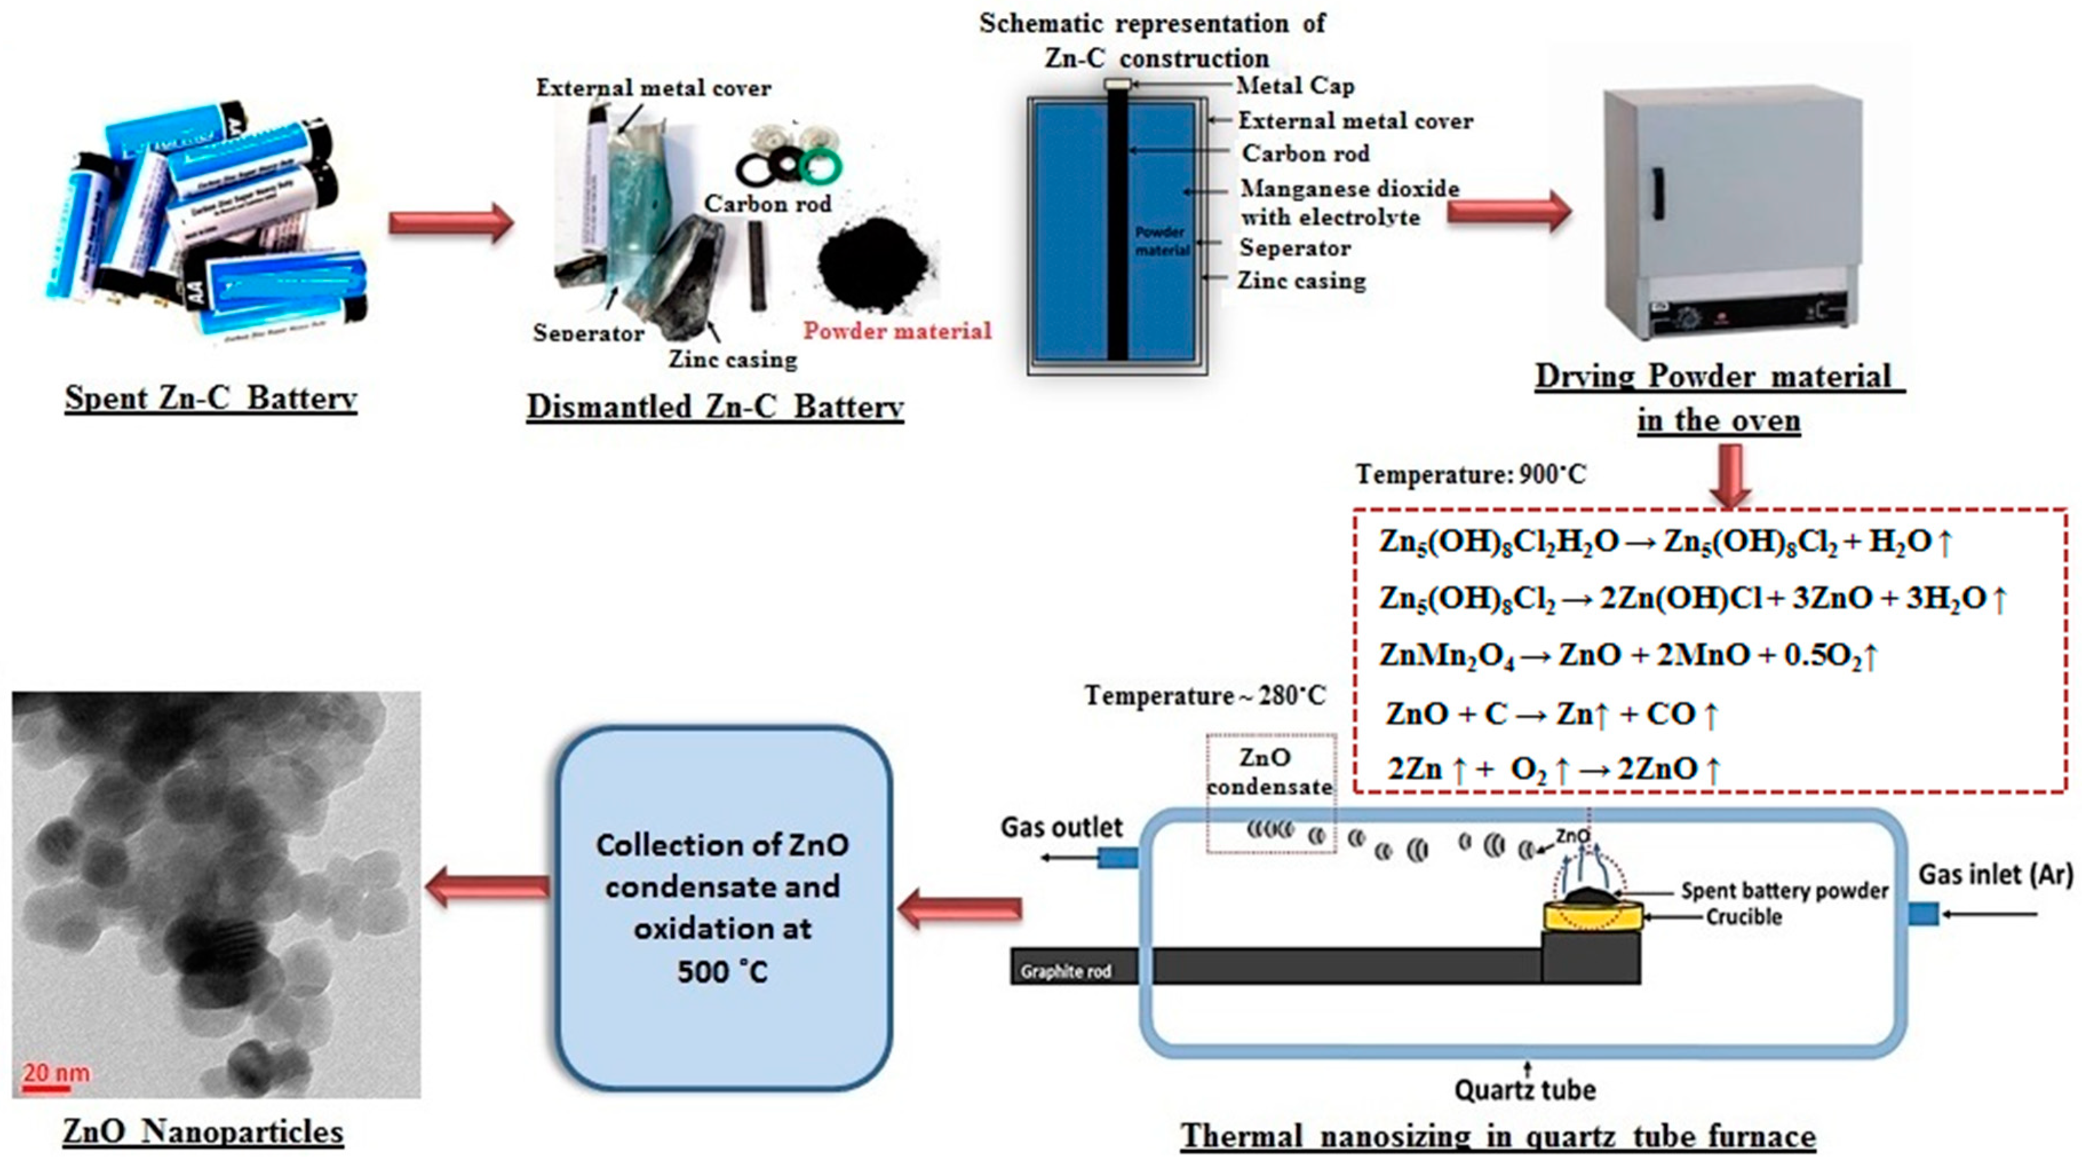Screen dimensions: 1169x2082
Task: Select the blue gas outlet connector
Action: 1117,858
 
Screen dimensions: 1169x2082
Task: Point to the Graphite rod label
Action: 1065,971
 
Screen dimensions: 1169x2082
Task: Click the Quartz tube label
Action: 1525,1090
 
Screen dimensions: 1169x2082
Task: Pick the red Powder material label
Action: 897,331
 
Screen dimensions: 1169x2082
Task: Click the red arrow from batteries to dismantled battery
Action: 450,223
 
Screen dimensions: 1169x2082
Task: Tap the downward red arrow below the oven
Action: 1730,476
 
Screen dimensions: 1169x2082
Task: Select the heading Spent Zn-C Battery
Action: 210,397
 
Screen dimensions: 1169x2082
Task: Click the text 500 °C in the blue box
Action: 722,971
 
